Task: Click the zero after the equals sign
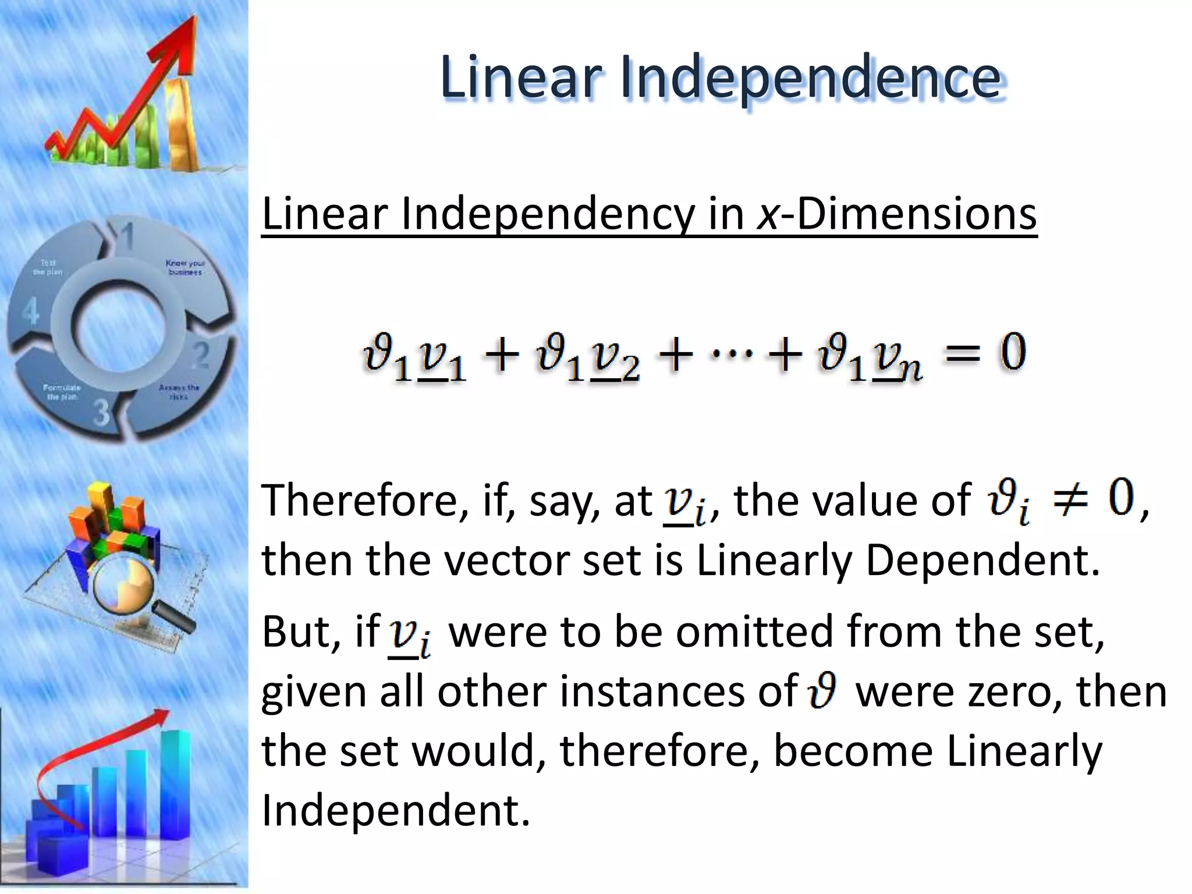click(1013, 353)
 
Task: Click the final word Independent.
click(395, 810)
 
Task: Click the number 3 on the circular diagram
click(101, 413)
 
